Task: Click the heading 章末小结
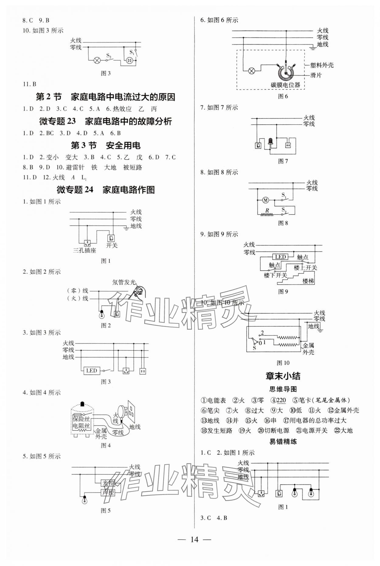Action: click(x=283, y=376)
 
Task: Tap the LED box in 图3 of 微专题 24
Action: click(x=91, y=370)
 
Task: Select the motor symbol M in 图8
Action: click(x=266, y=200)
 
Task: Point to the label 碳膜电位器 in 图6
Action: click(x=285, y=85)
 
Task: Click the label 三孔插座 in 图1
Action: click(x=85, y=251)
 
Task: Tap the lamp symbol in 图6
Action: click(x=251, y=71)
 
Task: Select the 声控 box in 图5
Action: click(x=108, y=492)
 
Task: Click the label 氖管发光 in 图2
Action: click(x=124, y=282)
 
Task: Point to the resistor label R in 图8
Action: click(x=267, y=210)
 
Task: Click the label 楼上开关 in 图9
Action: click(x=305, y=268)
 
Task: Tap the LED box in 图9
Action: click(x=280, y=257)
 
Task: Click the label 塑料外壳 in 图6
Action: click(x=322, y=65)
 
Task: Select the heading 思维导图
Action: click(x=283, y=389)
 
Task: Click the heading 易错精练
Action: click(x=283, y=441)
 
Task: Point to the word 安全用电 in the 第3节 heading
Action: click(x=123, y=146)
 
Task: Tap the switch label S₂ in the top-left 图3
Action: click(x=109, y=55)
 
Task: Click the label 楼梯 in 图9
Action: click(x=308, y=281)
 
